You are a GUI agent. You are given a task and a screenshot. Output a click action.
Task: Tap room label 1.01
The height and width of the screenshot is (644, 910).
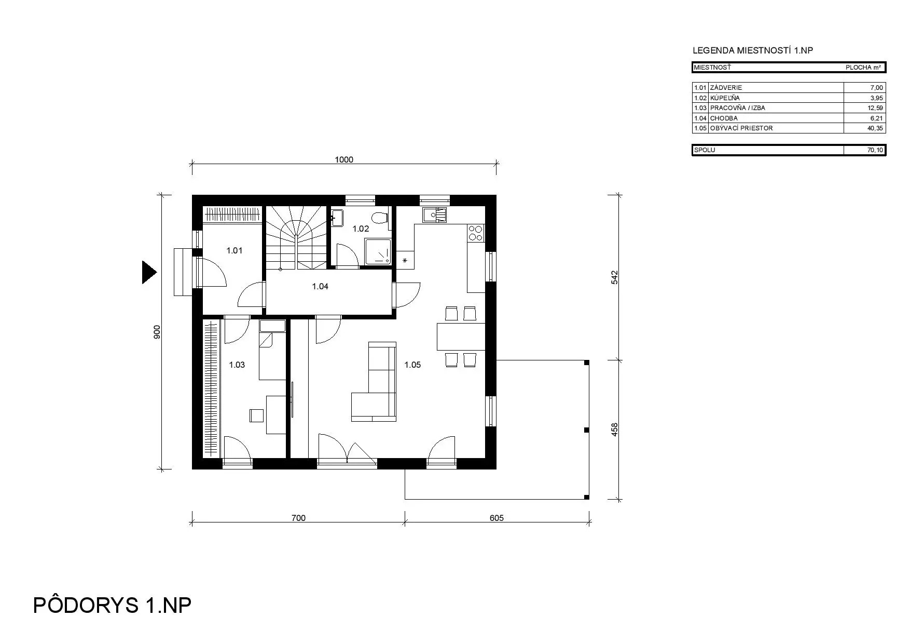[x=235, y=250]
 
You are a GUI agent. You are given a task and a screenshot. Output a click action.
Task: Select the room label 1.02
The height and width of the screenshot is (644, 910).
[x=361, y=229]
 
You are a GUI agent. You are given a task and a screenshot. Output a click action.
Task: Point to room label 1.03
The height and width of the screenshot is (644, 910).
[x=237, y=365]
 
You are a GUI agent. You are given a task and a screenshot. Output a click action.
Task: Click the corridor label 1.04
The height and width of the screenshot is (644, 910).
[x=320, y=286]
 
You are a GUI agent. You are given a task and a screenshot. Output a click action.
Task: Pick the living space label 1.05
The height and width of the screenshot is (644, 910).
[x=412, y=365]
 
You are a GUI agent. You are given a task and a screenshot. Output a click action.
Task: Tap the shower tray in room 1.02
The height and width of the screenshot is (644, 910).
[x=379, y=252]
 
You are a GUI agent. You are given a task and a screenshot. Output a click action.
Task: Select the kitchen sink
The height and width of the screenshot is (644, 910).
[x=434, y=214]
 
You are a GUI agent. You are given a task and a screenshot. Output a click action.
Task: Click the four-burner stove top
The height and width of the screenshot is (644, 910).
[x=476, y=233]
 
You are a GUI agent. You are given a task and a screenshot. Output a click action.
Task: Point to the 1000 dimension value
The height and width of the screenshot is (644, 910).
[x=344, y=159]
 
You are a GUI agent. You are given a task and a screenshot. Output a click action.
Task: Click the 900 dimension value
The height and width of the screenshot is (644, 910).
[x=157, y=332]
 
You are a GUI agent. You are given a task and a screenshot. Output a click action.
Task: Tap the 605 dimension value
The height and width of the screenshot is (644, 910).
[x=497, y=518]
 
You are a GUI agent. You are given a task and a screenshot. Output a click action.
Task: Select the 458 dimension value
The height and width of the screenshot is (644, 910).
[x=615, y=430]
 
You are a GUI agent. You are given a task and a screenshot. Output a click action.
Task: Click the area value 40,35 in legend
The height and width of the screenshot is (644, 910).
[x=875, y=128]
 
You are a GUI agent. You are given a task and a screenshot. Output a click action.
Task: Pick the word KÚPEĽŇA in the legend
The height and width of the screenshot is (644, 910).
[x=725, y=98]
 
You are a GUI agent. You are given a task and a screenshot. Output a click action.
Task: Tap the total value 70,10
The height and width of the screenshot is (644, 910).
[x=875, y=150]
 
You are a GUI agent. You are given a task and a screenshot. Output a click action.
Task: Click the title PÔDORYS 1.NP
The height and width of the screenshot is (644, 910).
[x=112, y=606]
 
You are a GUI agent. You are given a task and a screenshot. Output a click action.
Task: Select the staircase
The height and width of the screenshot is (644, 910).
[x=297, y=238]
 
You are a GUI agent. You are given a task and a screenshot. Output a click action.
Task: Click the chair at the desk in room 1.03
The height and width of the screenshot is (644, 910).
[x=256, y=415]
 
